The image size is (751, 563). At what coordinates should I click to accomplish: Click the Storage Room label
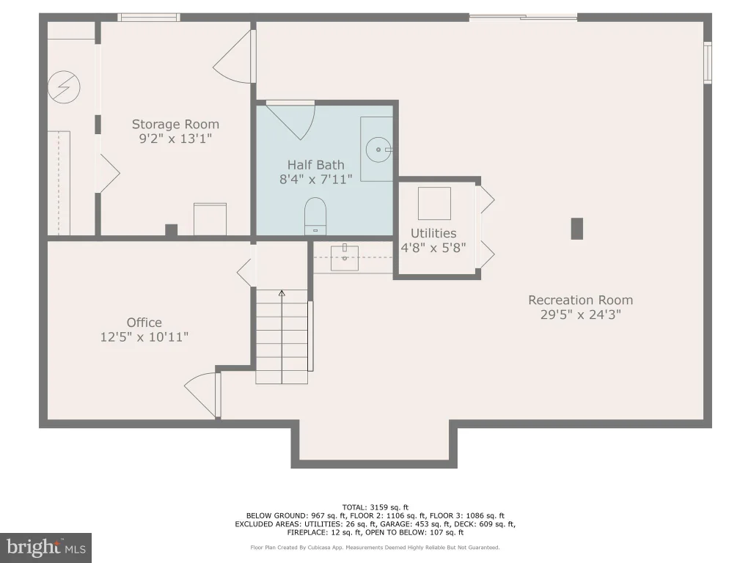(175, 125)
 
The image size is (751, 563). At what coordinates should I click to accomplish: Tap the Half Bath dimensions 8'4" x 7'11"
(316, 179)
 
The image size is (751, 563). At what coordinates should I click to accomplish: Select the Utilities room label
(433, 233)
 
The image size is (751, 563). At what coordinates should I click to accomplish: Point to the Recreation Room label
(581, 300)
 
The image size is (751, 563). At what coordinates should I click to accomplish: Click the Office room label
(144, 323)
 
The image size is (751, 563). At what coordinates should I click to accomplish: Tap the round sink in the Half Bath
(379, 150)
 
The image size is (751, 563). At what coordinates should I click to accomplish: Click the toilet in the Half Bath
(315, 216)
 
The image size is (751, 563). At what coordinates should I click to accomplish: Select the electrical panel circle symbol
(64, 87)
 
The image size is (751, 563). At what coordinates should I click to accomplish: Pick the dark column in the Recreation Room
(576, 229)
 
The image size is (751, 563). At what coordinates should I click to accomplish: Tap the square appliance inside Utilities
(434, 204)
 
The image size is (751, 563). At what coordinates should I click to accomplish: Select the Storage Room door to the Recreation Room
(233, 56)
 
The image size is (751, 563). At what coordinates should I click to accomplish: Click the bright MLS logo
(46, 548)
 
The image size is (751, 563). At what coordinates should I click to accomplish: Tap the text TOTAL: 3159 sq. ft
(375, 507)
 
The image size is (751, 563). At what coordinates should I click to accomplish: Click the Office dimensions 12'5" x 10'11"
(144, 337)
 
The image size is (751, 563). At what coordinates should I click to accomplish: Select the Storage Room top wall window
(149, 18)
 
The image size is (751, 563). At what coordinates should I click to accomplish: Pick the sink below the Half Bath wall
(345, 258)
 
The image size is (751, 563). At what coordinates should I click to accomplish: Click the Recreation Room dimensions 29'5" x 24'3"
(581, 314)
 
